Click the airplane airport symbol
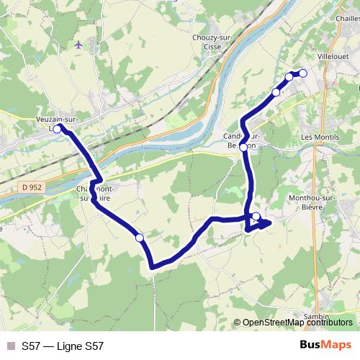point(78,45)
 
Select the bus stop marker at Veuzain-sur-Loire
point(58,128)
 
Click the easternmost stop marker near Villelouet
point(302,73)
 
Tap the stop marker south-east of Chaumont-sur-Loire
point(140,238)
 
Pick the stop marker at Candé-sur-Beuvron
point(243,147)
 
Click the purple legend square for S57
point(10,346)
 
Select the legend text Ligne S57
point(63,346)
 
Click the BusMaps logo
point(325,346)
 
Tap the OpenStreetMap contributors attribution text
point(297,323)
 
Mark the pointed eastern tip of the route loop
point(271,223)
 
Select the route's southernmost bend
point(153,268)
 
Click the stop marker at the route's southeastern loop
point(256,216)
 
